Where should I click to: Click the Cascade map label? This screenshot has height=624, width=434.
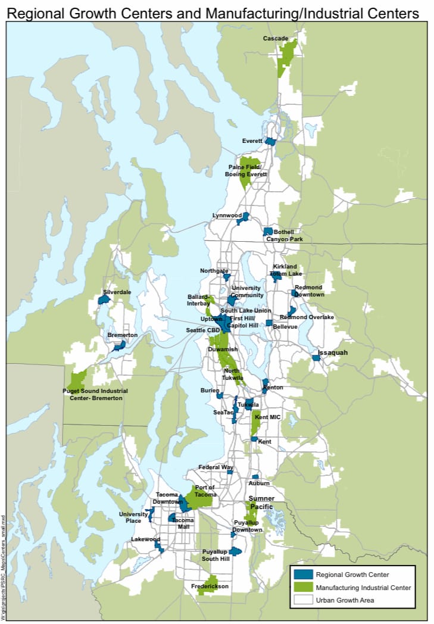click(276, 39)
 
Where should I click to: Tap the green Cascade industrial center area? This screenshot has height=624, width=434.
click(289, 54)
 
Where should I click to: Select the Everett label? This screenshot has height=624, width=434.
click(252, 141)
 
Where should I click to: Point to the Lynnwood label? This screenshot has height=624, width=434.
click(227, 215)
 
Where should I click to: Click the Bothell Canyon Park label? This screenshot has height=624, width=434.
click(288, 236)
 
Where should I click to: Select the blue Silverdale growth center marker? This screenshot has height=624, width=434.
click(104, 300)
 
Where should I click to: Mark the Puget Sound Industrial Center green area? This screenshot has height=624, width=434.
click(78, 379)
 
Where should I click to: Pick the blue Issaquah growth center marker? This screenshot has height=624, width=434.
click(316, 358)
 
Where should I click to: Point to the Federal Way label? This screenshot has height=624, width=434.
click(216, 467)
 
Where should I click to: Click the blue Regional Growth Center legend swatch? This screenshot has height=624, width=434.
click(303, 575)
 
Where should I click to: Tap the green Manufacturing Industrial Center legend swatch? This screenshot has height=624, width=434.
click(303, 587)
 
